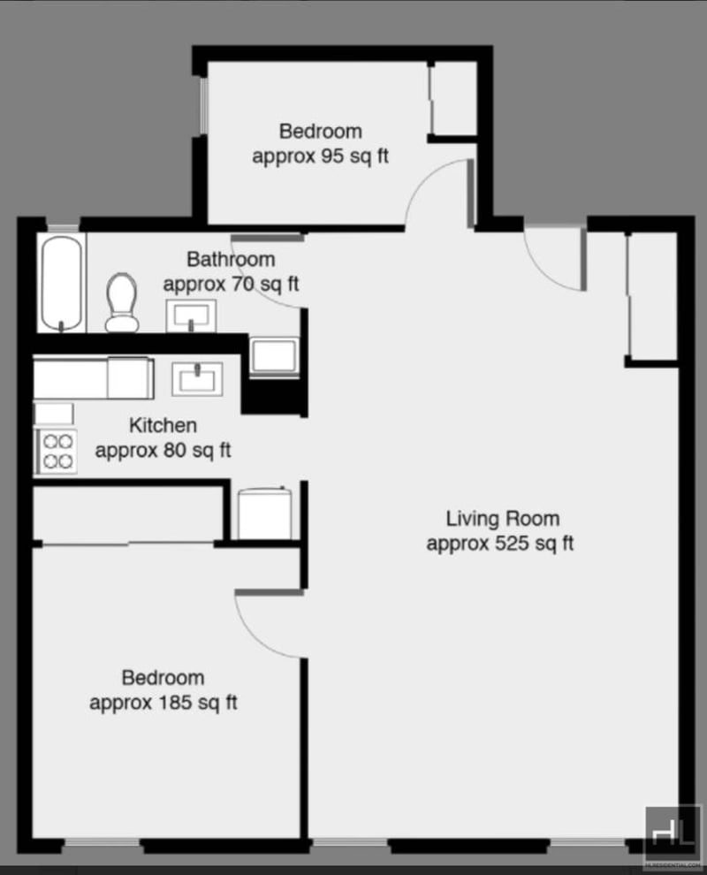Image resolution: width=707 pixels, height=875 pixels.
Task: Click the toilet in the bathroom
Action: click(x=121, y=301)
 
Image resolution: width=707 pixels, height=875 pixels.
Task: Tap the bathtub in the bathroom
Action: click(x=62, y=282)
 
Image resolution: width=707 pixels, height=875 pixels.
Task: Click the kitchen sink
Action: click(x=197, y=379)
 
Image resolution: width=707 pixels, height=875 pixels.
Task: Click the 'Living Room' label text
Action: click(x=502, y=519)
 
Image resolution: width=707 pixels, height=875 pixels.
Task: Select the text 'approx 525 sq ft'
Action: click(x=499, y=544)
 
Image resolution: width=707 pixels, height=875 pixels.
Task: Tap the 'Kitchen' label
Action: click(x=163, y=426)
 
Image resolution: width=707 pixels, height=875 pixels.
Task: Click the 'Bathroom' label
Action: click(x=231, y=260)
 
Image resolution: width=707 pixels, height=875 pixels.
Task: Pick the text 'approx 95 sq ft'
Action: click(x=321, y=156)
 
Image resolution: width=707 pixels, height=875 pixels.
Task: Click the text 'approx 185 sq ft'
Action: click(x=163, y=704)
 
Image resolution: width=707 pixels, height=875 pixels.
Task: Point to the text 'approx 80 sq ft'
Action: click(x=163, y=451)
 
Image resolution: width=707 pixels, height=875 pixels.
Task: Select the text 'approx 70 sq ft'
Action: click(x=231, y=285)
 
